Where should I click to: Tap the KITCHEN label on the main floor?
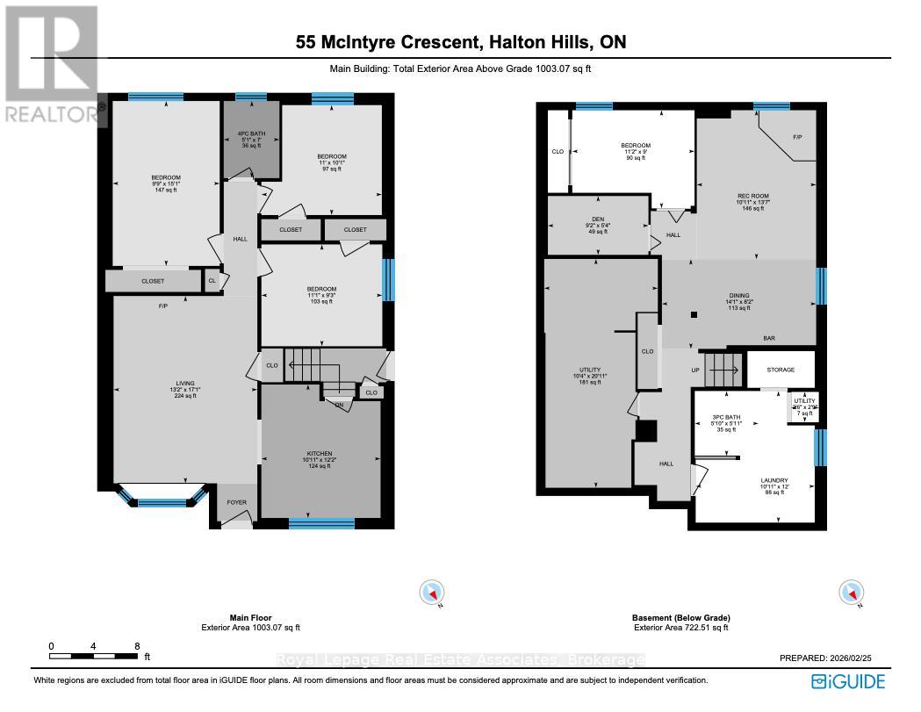click(x=320, y=454)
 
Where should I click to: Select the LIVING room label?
click(x=183, y=383)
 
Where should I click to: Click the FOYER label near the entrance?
click(x=236, y=503)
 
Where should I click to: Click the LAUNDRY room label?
click(x=773, y=480)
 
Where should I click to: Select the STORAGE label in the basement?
click(x=781, y=370)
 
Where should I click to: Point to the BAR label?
click(x=768, y=337)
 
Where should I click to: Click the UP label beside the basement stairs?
click(x=695, y=370)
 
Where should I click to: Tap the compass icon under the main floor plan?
click(x=431, y=593)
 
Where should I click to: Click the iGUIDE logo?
click(x=848, y=681)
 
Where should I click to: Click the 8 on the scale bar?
click(x=137, y=645)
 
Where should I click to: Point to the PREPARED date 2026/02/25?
click(x=860, y=658)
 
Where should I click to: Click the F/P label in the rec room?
click(x=796, y=138)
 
